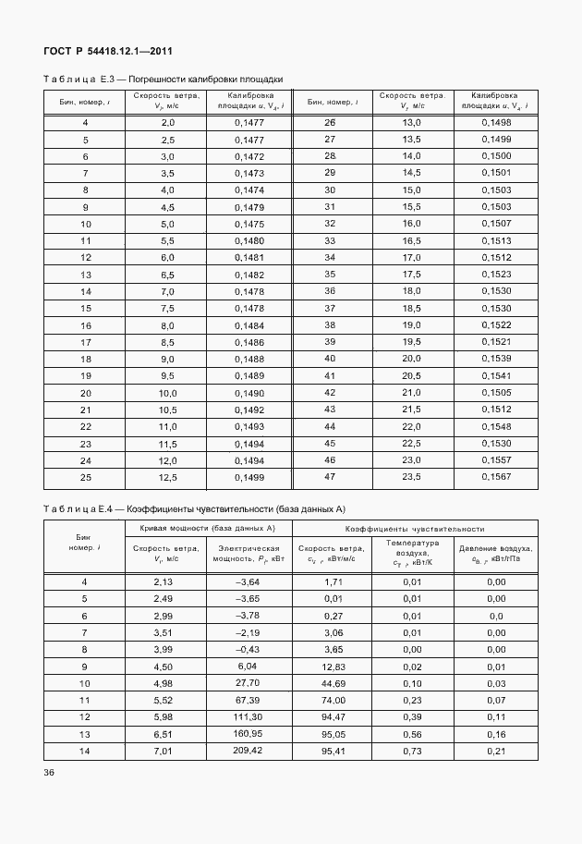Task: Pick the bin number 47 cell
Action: tap(329, 476)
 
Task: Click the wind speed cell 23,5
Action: tap(411, 476)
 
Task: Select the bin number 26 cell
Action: tap(329, 123)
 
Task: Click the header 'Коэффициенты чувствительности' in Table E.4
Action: tap(415, 528)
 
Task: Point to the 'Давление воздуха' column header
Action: tap(495, 554)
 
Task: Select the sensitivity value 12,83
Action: tap(333, 666)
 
